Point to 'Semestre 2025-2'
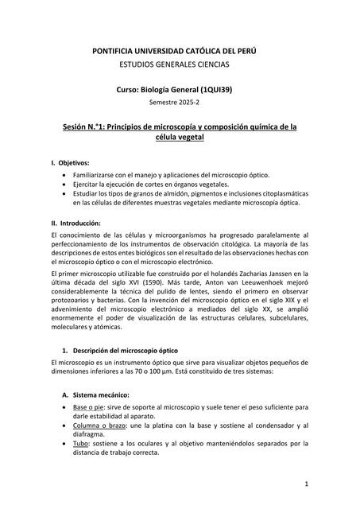pos(179,103)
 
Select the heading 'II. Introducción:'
pos(78,223)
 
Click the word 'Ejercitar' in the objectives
pos(87,184)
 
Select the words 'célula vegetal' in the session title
pos(179,138)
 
